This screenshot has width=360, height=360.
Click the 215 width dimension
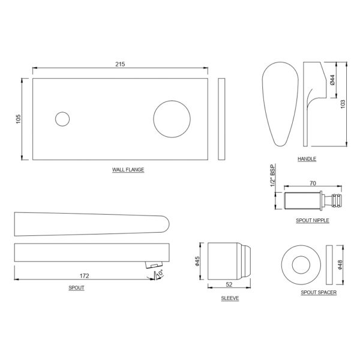point(120,64)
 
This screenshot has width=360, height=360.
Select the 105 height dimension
point(19,119)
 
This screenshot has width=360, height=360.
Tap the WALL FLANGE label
point(128,170)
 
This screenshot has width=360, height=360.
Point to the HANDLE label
point(307,159)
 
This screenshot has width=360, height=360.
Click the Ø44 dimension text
point(332,80)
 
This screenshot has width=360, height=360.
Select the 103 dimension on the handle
point(343,104)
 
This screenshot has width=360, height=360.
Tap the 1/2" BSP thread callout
point(272,176)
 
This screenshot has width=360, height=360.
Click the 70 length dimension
point(313,183)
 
